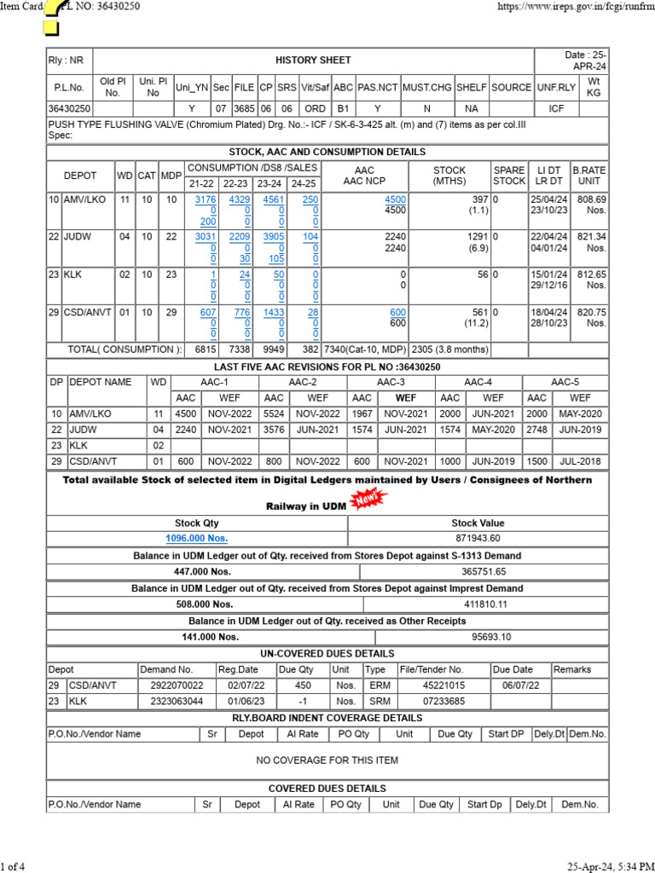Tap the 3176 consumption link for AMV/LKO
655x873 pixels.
[x=206, y=199]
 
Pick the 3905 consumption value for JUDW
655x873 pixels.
[x=273, y=236]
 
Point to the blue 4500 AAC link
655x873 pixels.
[x=395, y=199]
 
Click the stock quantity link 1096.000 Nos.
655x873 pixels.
[x=196, y=538]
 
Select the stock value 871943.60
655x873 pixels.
[x=478, y=538]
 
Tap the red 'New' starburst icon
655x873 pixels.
[x=364, y=503]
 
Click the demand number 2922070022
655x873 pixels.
[x=177, y=685]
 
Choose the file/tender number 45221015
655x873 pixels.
[x=444, y=685]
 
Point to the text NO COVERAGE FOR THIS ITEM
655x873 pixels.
[x=327, y=760]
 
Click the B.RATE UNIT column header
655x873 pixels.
[x=588, y=176]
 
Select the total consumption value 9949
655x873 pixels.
[x=274, y=350]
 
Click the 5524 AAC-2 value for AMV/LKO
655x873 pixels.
[x=274, y=413]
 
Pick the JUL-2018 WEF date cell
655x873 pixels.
[x=580, y=461]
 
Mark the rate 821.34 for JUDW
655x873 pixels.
[x=591, y=236]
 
